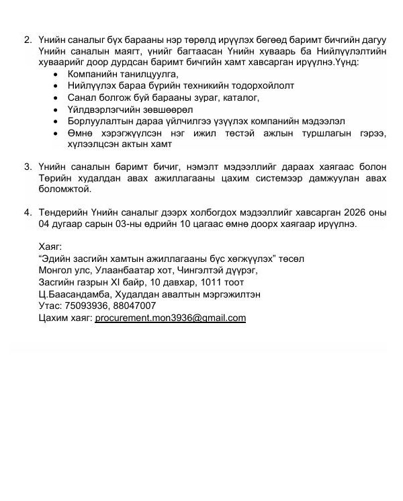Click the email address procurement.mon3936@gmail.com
[171, 318]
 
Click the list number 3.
[28, 166]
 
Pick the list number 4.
[28, 213]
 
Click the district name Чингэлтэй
[193, 271]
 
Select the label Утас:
[52, 306]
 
